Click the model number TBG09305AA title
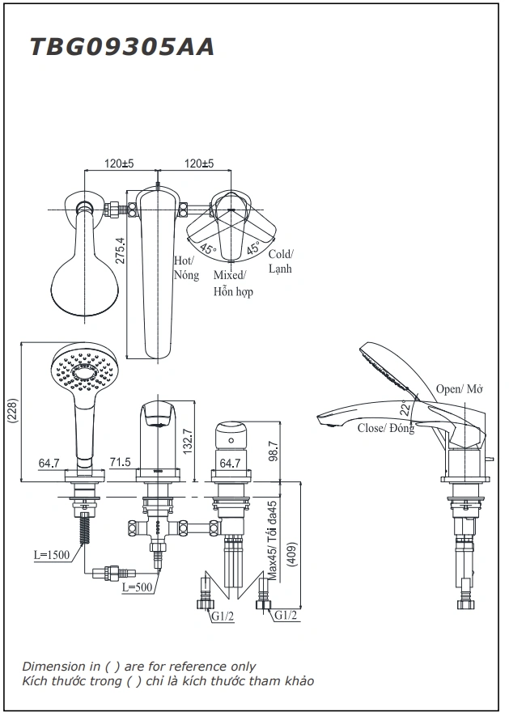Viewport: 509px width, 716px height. point(122,48)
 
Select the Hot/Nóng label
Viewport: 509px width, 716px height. point(185,268)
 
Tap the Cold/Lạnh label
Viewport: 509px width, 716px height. point(281,261)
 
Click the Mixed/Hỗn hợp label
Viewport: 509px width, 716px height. point(232,283)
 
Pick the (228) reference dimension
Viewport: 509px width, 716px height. point(11,412)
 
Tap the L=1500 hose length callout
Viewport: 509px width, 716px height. point(51,554)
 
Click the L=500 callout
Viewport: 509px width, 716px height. point(138,587)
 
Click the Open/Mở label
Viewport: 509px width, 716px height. point(459,389)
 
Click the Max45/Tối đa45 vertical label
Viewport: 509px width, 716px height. point(274,540)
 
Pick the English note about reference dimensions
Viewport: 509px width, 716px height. point(138,666)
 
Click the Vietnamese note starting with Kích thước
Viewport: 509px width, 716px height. point(168,681)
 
